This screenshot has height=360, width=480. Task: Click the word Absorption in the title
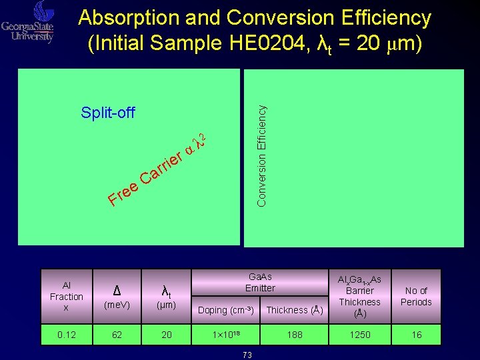(x=129, y=18)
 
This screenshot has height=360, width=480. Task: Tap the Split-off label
(x=107, y=113)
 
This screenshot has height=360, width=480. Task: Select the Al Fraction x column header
(x=66, y=297)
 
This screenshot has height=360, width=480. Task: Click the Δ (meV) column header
(x=117, y=297)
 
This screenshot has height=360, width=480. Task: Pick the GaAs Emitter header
(x=259, y=282)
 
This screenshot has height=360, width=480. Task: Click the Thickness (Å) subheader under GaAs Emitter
(x=294, y=310)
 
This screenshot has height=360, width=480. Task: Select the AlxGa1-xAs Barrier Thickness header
(x=360, y=296)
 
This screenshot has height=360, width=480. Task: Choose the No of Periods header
(x=416, y=296)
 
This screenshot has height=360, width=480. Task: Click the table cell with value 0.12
(x=66, y=335)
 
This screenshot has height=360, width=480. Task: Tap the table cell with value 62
(x=117, y=335)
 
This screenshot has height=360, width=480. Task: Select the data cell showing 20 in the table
(x=167, y=335)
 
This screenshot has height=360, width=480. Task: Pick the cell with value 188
(x=294, y=335)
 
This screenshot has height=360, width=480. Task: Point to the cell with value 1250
(x=360, y=335)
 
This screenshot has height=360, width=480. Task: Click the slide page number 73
(x=247, y=355)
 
